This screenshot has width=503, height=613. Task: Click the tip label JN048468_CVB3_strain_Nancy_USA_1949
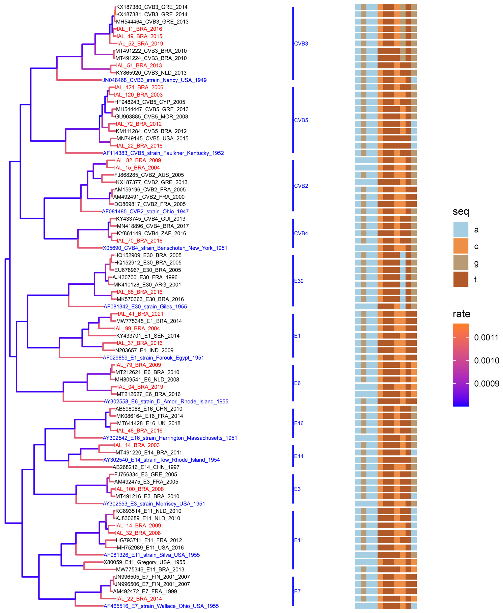click(x=154, y=80)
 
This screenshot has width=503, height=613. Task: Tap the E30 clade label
click(x=299, y=281)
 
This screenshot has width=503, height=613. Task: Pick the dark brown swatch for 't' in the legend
click(x=461, y=279)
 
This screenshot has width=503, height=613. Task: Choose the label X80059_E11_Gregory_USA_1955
click(x=144, y=562)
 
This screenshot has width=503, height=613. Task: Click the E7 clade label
click(x=297, y=591)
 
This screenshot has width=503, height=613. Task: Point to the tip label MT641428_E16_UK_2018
click(x=149, y=423)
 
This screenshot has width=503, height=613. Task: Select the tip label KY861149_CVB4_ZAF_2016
click(x=151, y=233)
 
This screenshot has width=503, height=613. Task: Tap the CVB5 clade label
click(x=301, y=120)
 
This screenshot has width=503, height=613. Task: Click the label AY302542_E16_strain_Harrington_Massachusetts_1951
click(x=170, y=438)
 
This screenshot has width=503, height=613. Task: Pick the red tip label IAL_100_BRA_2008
click(x=139, y=489)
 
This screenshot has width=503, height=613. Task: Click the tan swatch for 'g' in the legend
click(x=461, y=263)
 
